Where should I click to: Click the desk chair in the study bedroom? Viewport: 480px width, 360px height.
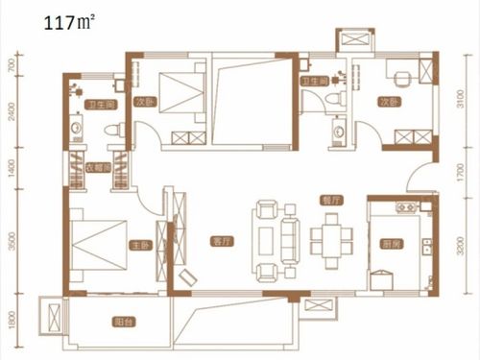tap(404, 75)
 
